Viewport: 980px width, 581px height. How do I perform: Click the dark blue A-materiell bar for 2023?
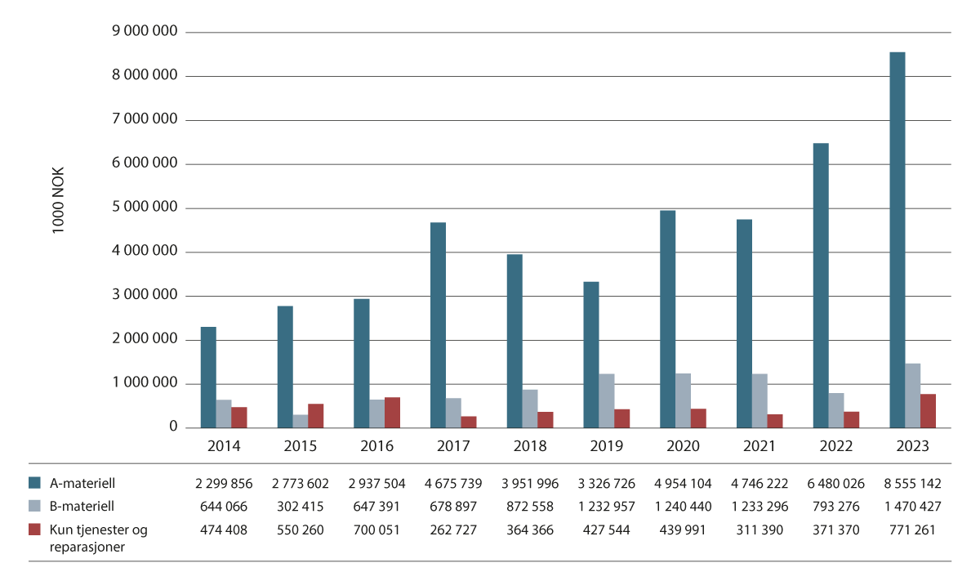(x=897, y=240)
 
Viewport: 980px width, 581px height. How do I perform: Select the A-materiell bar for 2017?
(x=438, y=325)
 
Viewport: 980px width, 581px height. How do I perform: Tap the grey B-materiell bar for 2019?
(x=606, y=400)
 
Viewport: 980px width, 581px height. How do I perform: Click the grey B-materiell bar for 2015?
(x=300, y=421)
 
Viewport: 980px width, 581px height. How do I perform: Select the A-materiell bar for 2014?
(x=208, y=378)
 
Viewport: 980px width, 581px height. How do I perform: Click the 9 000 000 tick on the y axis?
(x=144, y=32)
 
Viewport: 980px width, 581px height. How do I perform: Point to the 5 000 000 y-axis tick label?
(x=144, y=208)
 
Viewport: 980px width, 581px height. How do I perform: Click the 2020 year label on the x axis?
(x=683, y=446)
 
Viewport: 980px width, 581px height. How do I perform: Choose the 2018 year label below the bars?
(x=529, y=446)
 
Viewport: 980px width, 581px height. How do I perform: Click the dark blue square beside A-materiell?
(x=34, y=483)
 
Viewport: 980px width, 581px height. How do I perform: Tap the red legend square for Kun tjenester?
(x=34, y=530)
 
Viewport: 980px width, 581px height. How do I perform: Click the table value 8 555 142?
(x=912, y=483)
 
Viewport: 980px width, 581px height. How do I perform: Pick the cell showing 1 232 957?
(x=606, y=507)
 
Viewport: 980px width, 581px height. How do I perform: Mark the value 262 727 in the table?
(x=453, y=530)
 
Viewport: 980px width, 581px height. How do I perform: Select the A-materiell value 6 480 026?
(x=835, y=483)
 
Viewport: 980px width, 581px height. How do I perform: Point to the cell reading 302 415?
(x=301, y=507)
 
